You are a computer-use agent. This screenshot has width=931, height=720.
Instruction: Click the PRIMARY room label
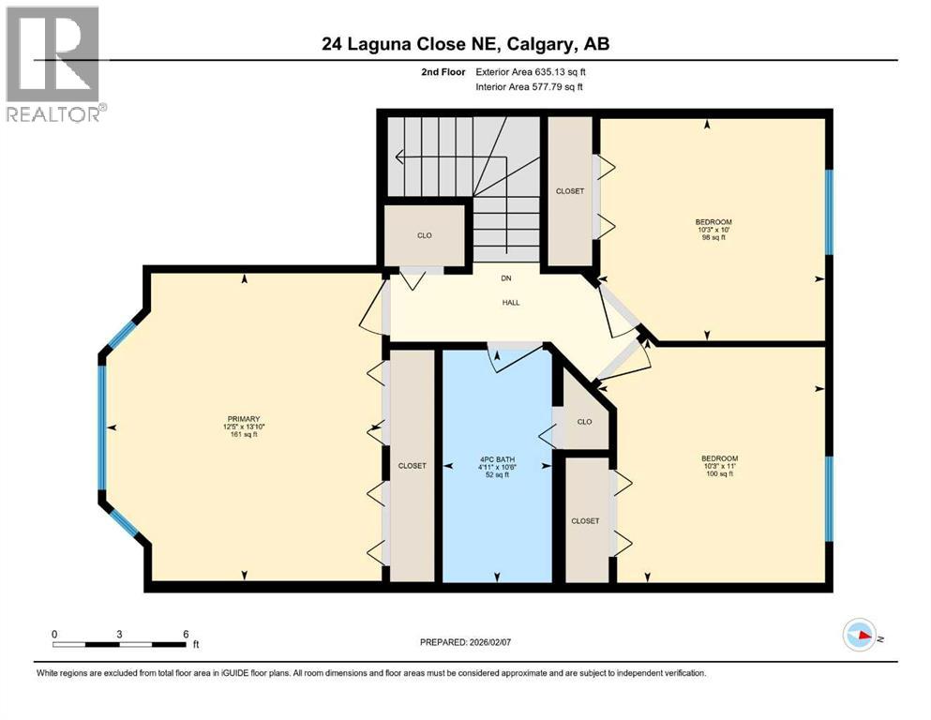point(242,419)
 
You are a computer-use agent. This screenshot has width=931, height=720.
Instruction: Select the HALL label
point(510,303)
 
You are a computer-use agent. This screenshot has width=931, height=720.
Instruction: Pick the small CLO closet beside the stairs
point(424,235)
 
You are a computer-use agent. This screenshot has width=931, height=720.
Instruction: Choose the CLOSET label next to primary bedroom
point(413,465)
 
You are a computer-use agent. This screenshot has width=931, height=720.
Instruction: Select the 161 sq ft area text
point(242,435)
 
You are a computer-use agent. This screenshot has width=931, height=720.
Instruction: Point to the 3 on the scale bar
point(119,634)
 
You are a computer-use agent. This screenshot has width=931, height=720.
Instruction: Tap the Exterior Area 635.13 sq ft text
point(533,71)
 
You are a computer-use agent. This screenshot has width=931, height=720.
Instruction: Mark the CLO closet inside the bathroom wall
point(584,422)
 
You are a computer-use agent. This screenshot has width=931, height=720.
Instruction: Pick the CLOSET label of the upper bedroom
point(570,191)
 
